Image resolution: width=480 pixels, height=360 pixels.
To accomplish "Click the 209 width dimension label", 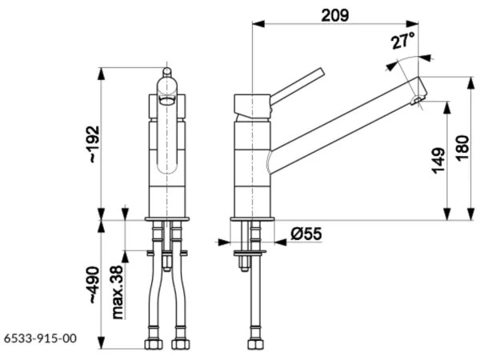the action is click(x=335, y=15).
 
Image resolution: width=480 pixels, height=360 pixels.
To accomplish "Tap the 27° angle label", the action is click(x=403, y=40).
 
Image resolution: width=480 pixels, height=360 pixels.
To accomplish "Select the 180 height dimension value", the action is click(x=463, y=147).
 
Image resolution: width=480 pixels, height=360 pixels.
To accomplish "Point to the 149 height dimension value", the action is click(x=439, y=161).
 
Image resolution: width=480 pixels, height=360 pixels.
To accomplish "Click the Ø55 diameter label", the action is click(x=306, y=234).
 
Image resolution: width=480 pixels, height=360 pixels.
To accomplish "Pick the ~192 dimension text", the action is click(x=94, y=144).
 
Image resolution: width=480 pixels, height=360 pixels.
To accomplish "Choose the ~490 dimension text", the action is click(x=94, y=286).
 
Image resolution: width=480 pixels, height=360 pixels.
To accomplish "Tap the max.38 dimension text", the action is click(x=118, y=292).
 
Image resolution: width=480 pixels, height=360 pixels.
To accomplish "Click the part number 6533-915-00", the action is click(x=40, y=338).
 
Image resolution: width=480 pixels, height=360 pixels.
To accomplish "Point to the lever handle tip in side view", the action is click(x=321, y=70).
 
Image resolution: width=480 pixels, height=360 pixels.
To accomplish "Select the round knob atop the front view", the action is click(x=166, y=72).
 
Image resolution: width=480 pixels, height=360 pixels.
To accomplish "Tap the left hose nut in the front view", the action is click(x=153, y=344).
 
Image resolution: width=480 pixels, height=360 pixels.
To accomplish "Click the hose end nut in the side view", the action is click(x=256, y=344).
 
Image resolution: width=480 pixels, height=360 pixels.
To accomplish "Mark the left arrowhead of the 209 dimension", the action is click(x=258, y=23).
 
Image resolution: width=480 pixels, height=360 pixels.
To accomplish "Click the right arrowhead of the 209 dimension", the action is click(x=412, y=23).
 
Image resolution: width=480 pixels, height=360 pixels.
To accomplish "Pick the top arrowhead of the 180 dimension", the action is click(x=471, y=82).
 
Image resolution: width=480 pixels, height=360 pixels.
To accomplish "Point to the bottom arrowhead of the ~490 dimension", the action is click(x=102, y=343).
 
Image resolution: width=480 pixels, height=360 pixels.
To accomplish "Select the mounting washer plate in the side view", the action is click(x=250, y=253).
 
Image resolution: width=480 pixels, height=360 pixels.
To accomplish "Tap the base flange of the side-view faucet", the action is click(x=253, y=219).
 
